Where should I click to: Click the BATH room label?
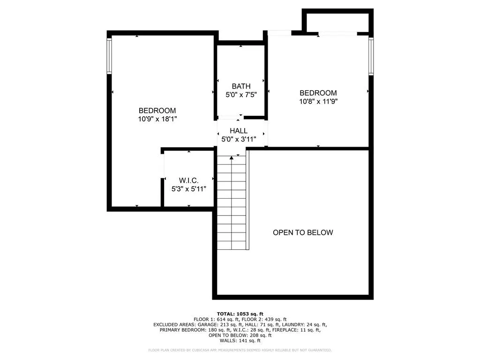point(241,86)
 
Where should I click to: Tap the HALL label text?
point(239,131)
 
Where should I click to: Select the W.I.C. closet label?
point(188,180)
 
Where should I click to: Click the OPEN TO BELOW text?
point(303,232)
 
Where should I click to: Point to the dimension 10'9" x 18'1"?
point(157,119)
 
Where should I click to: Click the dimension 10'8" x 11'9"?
point(318,101)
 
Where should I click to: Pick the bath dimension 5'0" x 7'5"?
point(241,95)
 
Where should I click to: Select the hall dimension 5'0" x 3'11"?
point(239,139)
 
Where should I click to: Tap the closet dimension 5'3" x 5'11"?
point(188,189)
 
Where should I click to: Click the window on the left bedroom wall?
point(109,56)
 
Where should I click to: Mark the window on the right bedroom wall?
point(371,56)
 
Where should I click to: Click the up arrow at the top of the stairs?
point(232,157)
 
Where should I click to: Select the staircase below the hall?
point(232,202)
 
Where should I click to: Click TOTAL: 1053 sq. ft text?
point(240,314)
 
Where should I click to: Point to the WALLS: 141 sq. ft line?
point(240,340)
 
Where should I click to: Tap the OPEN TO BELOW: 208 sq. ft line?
point(240,335)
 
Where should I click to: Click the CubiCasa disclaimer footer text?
point(240,350)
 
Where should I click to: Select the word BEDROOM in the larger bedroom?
point(157,111)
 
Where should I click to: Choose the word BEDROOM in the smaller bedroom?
point(318,93)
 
